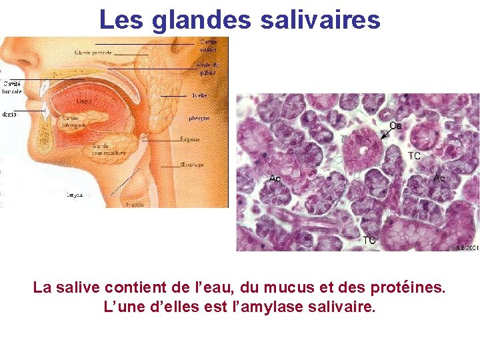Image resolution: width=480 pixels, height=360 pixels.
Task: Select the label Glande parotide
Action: tap(93, 52)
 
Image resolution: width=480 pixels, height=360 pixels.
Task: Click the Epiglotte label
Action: tap(191, 139)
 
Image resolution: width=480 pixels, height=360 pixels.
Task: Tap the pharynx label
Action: tap(199, 118)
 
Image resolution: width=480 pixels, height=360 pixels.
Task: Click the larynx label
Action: tap(73, 195)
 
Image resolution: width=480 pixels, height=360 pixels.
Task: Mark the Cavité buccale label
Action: tap(12, 87)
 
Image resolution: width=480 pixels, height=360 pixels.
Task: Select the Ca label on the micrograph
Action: tap(395, 126)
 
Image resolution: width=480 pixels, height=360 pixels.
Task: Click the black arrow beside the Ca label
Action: tap(385, 135)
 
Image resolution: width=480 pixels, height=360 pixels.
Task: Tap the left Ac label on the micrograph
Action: tap(275, 178)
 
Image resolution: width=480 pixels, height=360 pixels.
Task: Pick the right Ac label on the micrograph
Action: tap(439, 178)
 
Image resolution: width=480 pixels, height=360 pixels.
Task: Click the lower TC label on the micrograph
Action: tap(369, 239)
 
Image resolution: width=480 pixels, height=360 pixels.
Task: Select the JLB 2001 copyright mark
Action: tap(465, 247)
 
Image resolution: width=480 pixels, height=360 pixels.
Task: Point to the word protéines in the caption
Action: tap(407, 289)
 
